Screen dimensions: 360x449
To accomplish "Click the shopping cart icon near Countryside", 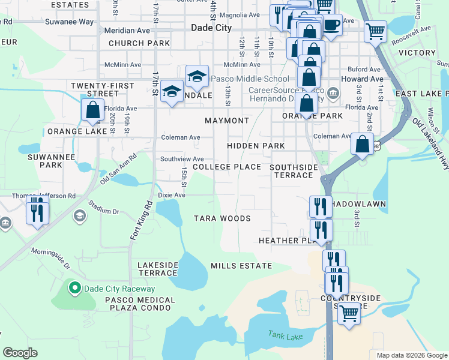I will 349,312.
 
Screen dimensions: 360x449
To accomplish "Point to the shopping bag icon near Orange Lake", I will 93,110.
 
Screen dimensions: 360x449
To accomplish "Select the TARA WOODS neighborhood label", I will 222,218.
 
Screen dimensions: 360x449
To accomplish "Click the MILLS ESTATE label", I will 241,265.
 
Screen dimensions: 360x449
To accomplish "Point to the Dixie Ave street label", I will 172,195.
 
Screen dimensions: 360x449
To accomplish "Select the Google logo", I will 20,352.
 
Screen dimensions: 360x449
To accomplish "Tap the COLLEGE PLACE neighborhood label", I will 227,167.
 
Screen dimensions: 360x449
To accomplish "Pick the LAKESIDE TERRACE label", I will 158,268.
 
